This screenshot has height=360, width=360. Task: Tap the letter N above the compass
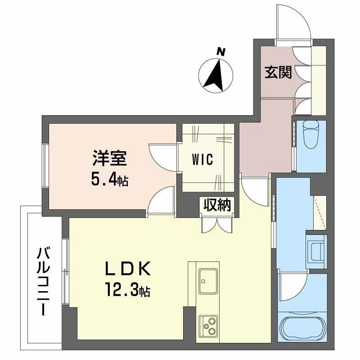click(220, 52)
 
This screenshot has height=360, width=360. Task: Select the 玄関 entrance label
click(278, 72)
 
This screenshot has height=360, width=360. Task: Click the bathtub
click(302, 328)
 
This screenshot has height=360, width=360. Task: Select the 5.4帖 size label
click(110, 180)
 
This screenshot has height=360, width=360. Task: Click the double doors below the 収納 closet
click(217, 224)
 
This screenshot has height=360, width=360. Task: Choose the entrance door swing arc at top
click(293, 22)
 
